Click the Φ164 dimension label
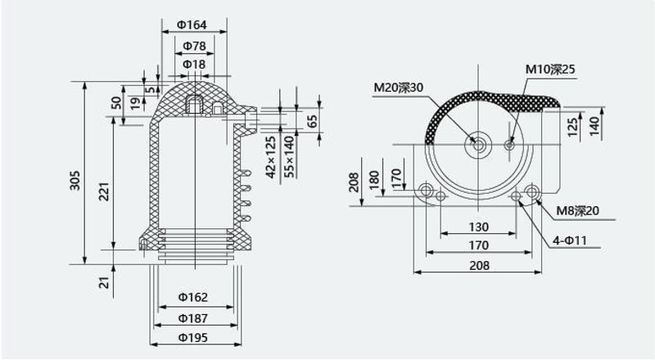click(x=192, y=25)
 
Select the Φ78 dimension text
click(x=194, y=46)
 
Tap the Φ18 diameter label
click(x=194, y=65)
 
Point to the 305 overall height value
click(x=75, y=180)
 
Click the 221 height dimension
click(x=104, y=191)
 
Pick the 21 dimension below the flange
click(x=104, y=282)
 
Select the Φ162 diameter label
click(x=193, y=297)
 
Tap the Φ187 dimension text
click(x=193, y=318)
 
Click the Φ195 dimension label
click(x=193, y=337)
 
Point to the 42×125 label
click(x=271, y=157)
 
